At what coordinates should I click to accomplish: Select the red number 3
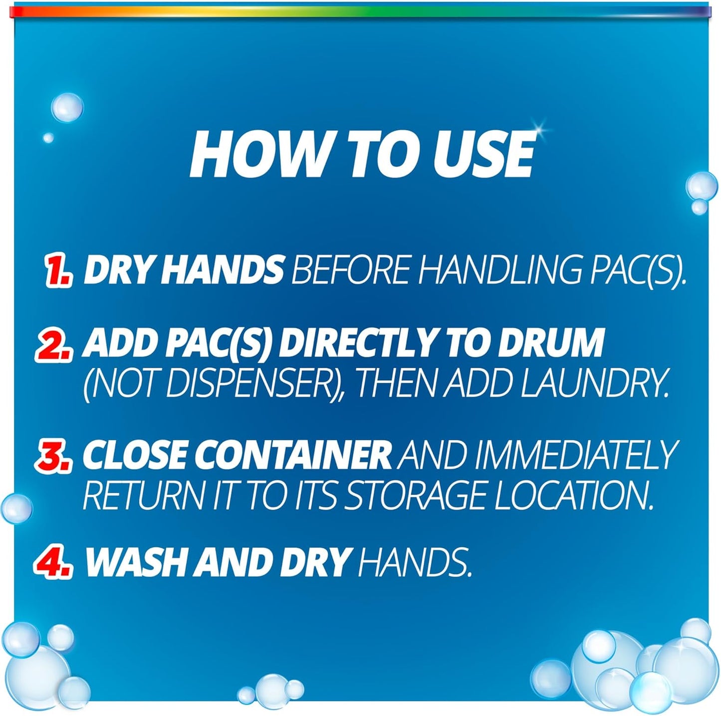[x=54, y=456]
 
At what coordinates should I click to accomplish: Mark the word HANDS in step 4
[x=415, y=562]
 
